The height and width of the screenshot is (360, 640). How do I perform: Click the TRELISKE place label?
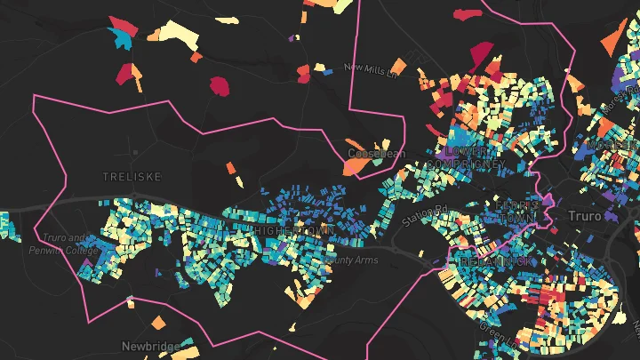coord(131,177)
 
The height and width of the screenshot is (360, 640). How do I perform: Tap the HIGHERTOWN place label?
coord(292,231)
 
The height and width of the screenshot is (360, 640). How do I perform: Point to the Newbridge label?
coord(150,345)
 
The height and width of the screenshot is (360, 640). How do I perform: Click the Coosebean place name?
coord(376,154)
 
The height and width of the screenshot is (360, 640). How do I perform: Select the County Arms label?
coord(353,260)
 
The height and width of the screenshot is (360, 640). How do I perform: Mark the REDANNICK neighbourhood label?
coord(492,261)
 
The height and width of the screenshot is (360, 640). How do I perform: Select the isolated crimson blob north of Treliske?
coord(219,85)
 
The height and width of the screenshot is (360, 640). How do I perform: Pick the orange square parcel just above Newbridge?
coord(156,322)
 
